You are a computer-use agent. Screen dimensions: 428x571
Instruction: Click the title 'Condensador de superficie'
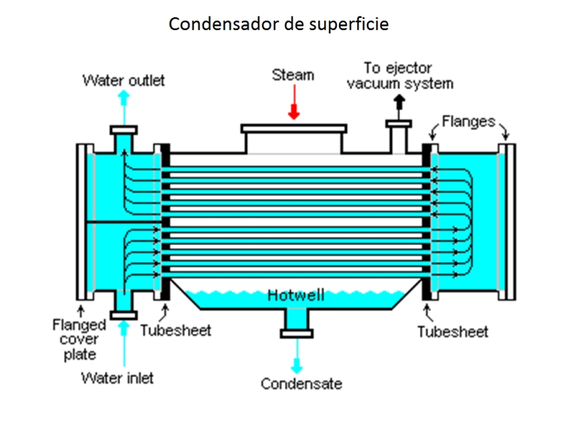[279, 24]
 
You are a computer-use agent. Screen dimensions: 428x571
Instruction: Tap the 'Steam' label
[293, 75]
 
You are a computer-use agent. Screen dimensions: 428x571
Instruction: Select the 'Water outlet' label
[123, 80]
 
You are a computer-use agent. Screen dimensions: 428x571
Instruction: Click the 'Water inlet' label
[118, 377]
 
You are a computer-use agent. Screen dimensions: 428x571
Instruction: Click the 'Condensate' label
[301, 384]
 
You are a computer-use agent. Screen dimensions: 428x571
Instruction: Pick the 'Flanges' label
[468, 121]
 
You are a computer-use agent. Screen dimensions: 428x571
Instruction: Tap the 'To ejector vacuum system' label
[400, 76]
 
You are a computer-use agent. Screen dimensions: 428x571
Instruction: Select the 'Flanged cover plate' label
[79, 338]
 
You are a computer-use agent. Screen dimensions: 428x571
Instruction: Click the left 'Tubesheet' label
[176, 331]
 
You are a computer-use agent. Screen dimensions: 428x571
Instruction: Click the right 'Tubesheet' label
[453, 332]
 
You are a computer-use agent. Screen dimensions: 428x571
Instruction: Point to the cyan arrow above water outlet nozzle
[124, 106]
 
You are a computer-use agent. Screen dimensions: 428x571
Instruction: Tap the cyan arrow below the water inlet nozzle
[124, 342]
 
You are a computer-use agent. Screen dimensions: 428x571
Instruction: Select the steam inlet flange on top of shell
[294, 130]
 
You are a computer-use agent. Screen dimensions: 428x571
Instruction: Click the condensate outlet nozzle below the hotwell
[295, 325]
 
